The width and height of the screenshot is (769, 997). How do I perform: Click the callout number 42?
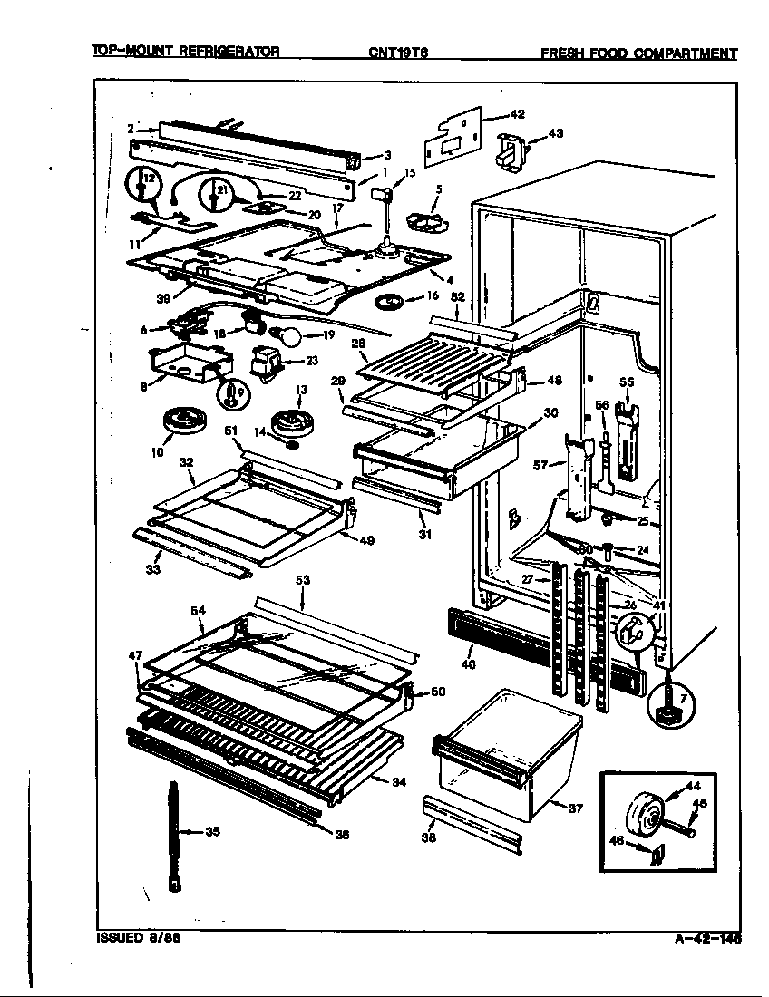click(x=517, y=114)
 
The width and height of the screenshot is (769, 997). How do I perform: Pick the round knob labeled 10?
click(x=181, y=421)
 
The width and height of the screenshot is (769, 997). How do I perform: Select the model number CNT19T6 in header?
click(x=398, y=53)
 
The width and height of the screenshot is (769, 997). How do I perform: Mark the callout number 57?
click(x=540, y=465)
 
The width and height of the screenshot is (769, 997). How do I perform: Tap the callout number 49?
click(x=366, y=541)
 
